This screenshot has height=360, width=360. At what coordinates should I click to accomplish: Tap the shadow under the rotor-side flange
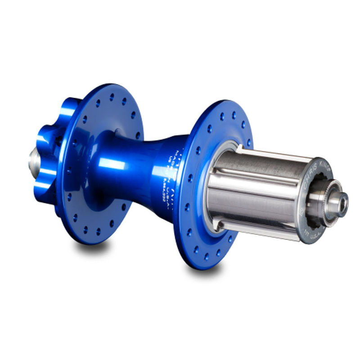pyautogui.click(x=92, y=247)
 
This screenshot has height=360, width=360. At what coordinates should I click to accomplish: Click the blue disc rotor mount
pyautogui.click(x=47, y=148)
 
